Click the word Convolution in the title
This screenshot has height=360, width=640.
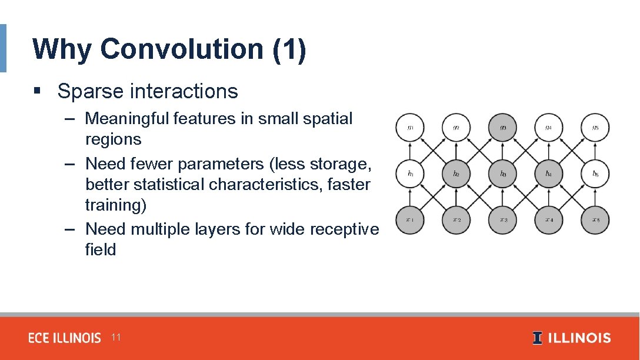point(181,49)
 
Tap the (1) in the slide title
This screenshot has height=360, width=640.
point(289,49)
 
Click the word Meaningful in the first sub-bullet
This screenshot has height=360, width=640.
point(128,118)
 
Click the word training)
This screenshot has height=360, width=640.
point(116,205)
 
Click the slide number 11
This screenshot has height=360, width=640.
point(116,337)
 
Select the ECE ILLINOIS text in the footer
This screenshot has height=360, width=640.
point(65,338)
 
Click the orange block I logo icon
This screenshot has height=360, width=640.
point(537,338)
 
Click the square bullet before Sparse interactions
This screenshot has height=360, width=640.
point(37,91)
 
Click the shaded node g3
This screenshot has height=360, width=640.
point(503,128)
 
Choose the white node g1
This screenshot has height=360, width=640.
point(410,128)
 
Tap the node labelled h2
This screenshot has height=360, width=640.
point(456,174)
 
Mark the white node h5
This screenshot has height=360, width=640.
point(595,174)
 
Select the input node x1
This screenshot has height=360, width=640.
point(410,221)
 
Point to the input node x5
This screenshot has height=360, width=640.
point(595,221)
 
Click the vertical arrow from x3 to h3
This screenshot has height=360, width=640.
point(503,198)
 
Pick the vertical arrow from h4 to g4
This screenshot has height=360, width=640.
point(549,151)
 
